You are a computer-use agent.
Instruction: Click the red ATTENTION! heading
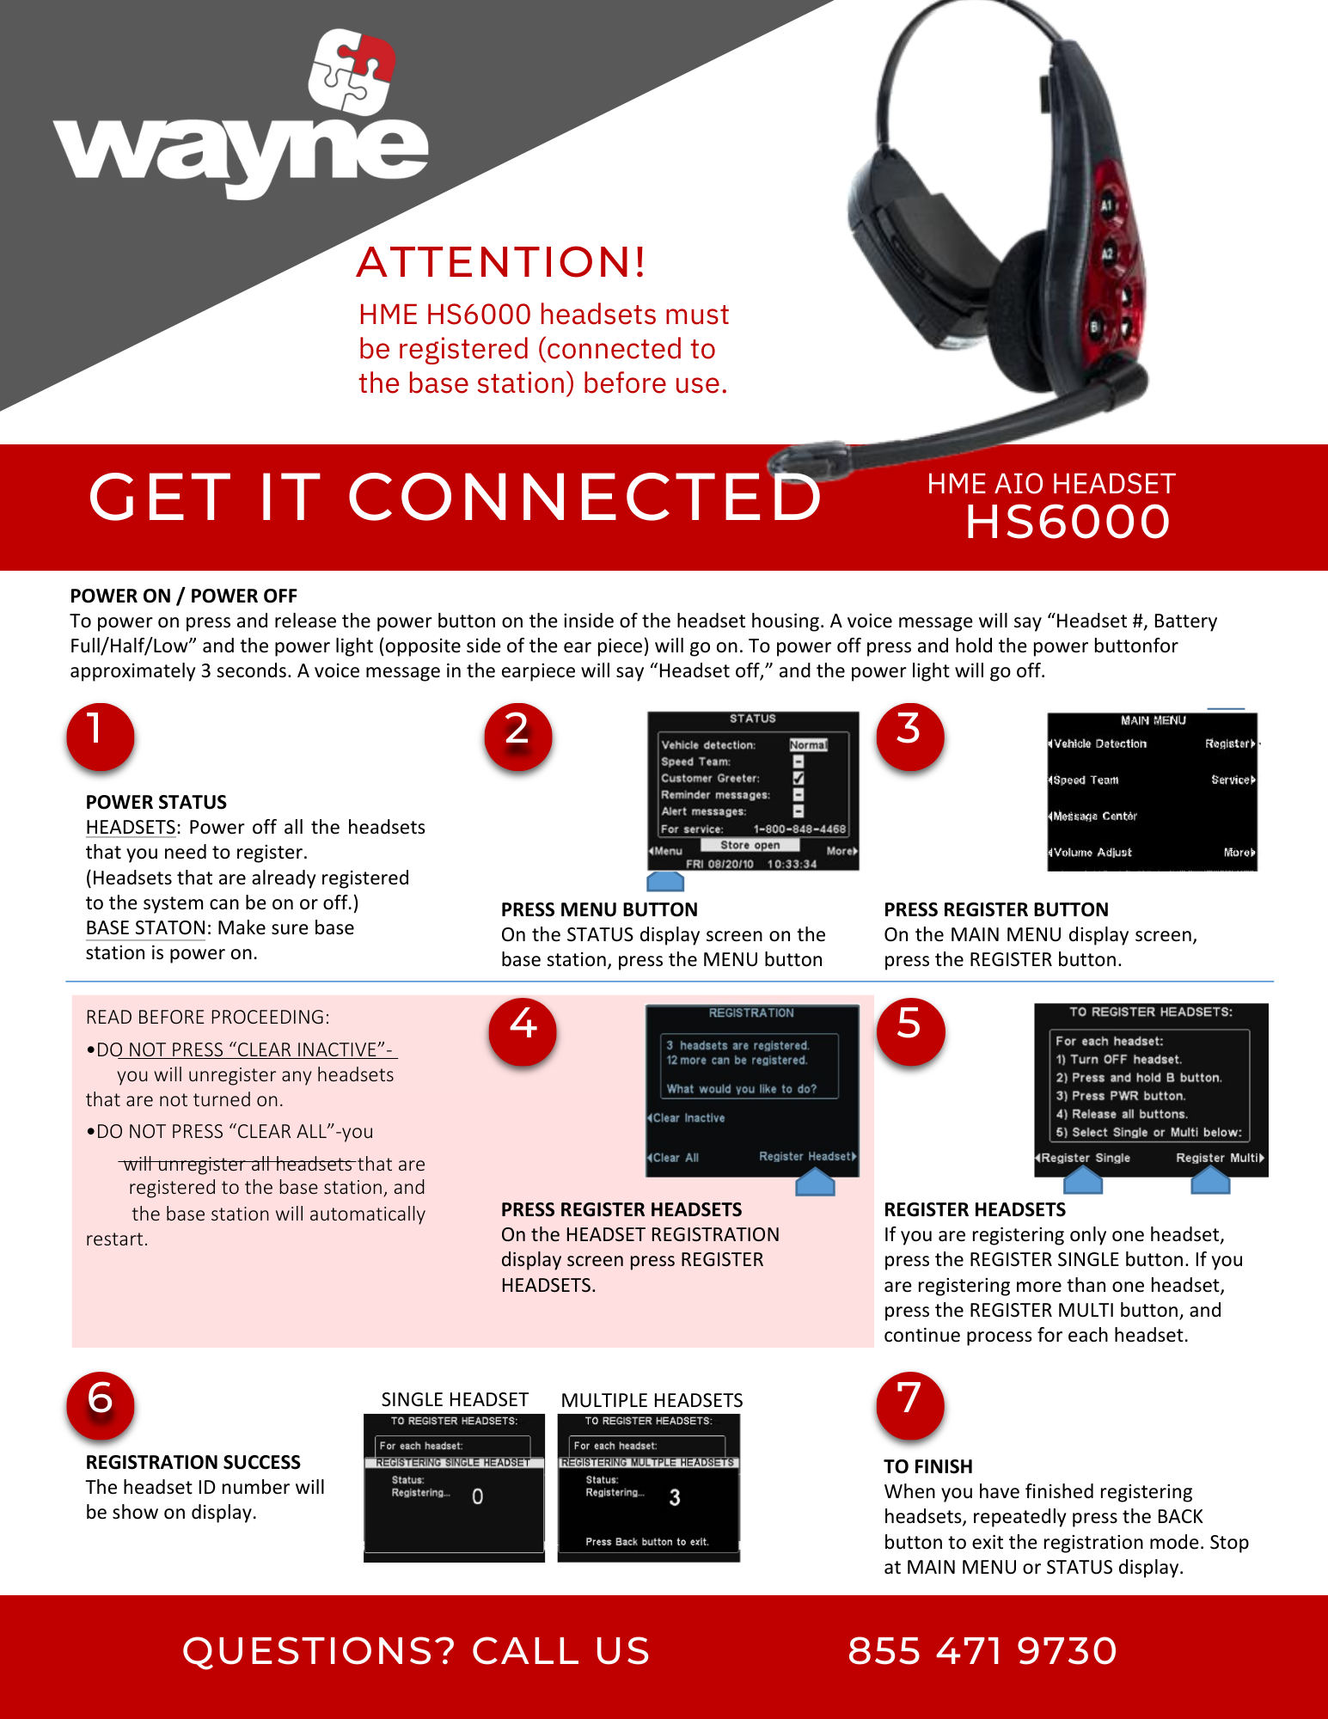pos(500,262)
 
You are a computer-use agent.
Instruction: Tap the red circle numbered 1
pos(100,736)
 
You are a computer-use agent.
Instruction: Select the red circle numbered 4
pos(523,1031)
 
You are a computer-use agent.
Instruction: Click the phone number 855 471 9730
pos(982,1651)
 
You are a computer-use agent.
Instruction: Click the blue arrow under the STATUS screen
pos(665,881)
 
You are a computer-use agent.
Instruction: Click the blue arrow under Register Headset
pos(815,1184)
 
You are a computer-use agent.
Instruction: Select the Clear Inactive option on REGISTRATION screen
pos(688,1118)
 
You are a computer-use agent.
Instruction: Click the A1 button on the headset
pos(1107,205)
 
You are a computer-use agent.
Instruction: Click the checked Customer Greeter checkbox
pos(799,778)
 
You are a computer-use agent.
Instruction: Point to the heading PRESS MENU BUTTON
pos(599,909)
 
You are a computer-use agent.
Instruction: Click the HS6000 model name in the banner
pos(1068,523)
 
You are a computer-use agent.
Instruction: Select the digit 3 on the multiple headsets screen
pos(675,1498)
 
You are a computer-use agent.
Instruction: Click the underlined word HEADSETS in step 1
pos(131,827)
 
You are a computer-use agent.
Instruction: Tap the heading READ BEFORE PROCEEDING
pos(207,1017)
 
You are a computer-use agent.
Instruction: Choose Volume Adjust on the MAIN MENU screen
pos(1092,853)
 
